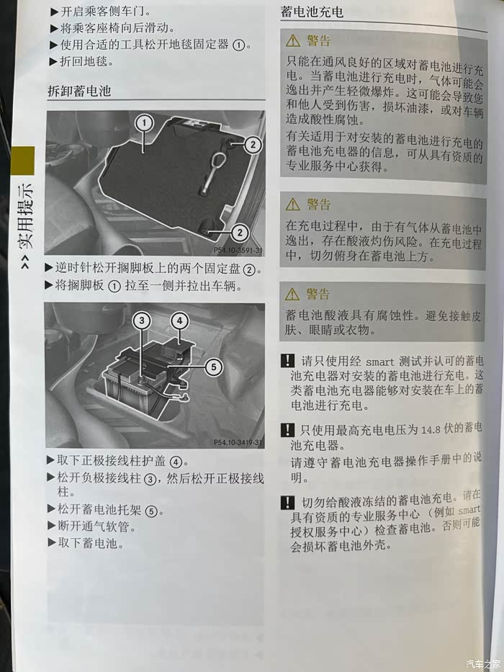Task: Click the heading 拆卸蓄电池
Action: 79,91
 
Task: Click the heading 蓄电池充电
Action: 312,12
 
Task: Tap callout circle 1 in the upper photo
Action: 144,123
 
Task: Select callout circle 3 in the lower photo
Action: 142,320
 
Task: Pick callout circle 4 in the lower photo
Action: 179,321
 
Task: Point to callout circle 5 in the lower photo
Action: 213,367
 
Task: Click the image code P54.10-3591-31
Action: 238,250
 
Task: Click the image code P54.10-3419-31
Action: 238,442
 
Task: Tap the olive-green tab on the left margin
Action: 23,161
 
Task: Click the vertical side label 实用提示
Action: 25,216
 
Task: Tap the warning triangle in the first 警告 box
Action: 293,41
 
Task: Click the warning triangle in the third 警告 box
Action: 292,294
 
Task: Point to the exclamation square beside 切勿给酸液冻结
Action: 288,502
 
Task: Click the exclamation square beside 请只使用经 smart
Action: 288,360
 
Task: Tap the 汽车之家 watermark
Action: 483,663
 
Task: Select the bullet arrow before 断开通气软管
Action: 52,527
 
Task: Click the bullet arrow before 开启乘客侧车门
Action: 54,12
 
